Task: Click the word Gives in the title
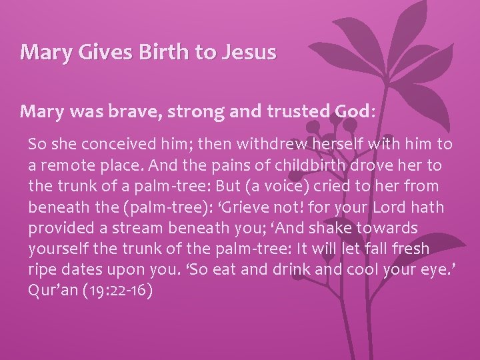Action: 93,52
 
